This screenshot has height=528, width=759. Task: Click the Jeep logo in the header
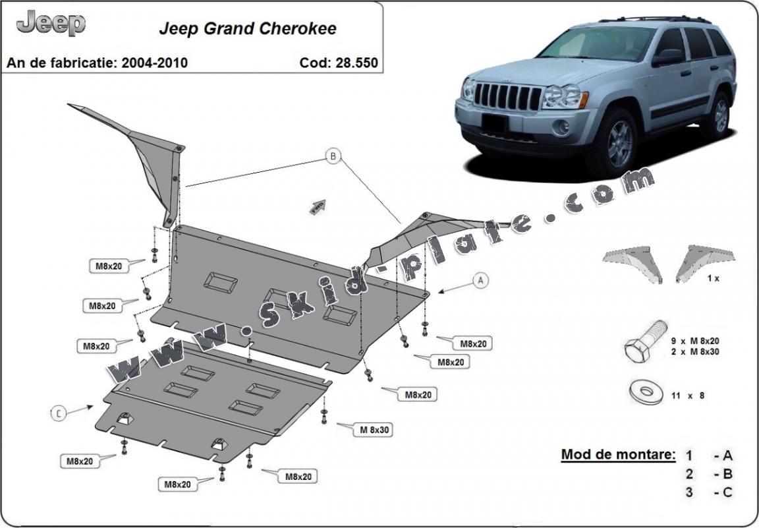[x=51, y=23]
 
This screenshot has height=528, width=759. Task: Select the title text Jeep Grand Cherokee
[x=247, y=28]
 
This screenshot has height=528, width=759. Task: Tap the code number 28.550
[x=356, y=63]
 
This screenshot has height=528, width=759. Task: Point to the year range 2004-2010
[x=154, y=63]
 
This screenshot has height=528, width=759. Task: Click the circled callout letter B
[x=333, y=156]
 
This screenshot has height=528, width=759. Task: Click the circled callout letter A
[x=480, y=280]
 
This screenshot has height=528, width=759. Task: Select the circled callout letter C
[x=58, y=413]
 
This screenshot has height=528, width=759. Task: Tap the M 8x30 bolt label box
[x=372, y=430]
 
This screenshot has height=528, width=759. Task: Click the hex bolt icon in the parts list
[x=645, y=340]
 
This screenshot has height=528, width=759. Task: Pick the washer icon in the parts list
[x=646, y=392]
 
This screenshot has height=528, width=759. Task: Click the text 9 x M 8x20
[x=694, y=341]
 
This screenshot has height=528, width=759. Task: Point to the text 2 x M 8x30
[x=694, y=352]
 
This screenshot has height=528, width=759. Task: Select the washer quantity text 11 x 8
[x=688, y=396]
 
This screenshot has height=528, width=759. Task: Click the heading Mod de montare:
[x=617, y=454]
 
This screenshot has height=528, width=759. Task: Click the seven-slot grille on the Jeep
[x=507, y=96]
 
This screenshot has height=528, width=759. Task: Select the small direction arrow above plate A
[x=318, y=206]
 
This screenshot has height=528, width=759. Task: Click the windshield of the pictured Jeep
[x=597, y=44]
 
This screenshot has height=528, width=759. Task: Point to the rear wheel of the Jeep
[x=719, y=116]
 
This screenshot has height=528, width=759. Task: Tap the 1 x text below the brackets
[x=713, y=278]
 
